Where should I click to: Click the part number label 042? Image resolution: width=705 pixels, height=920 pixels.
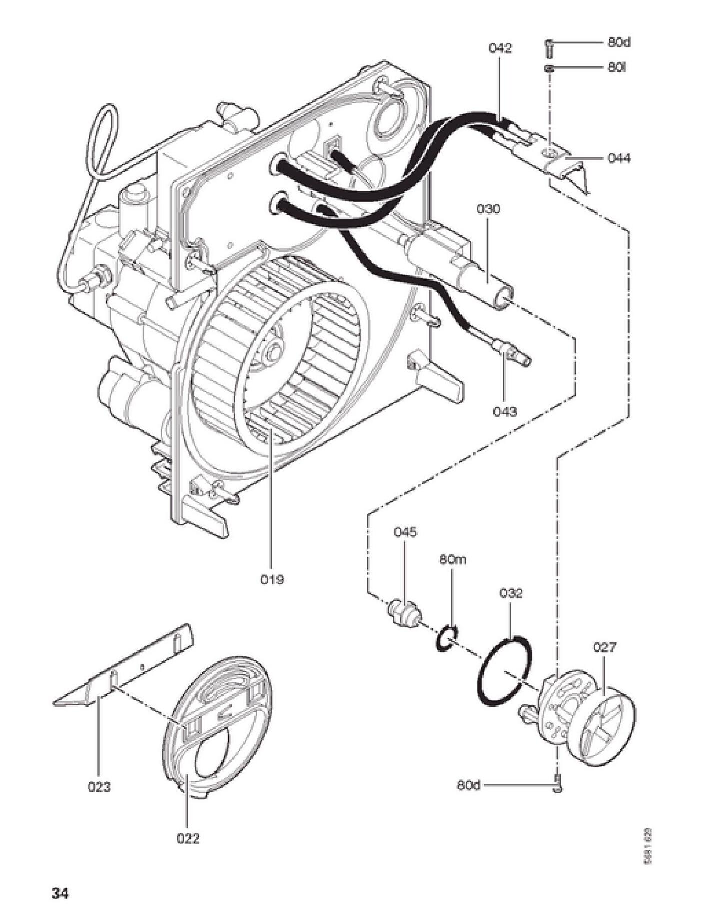(x=500, y=48)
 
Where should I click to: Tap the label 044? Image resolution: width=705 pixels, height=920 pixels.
(x=619, y=158)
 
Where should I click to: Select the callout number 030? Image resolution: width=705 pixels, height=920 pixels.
(x=488, y=209)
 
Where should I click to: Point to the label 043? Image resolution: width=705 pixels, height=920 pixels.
(x=505, y=411)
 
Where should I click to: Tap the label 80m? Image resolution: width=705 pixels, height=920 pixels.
(x=453, y=559)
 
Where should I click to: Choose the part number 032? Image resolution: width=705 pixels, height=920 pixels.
(x=511, y=593)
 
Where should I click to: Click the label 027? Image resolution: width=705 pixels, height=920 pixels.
(x=605, y=647)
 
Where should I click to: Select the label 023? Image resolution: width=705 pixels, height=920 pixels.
(x=99, y=787)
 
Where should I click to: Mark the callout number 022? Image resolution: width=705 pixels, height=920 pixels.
(x=188, y=838)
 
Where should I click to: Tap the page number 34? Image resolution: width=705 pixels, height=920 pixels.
(x=60, y=893)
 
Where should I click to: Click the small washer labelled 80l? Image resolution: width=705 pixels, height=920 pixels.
(x=549, y=68)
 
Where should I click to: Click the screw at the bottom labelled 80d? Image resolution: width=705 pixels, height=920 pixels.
(x=557, y=786)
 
